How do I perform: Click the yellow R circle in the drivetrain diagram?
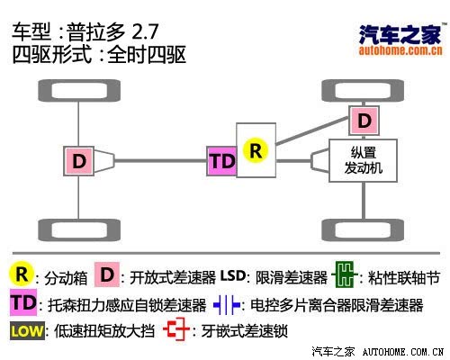256,150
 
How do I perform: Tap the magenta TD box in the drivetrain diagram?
222,161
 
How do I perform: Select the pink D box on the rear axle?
79,161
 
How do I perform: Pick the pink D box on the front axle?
364,121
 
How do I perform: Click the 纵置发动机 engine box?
364,160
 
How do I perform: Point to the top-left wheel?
79,90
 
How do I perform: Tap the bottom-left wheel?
79,230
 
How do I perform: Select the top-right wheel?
363,90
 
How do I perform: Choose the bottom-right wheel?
363,230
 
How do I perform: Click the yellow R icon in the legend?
22,274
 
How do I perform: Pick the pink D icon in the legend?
107,274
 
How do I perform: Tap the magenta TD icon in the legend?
23,302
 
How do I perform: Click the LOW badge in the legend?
27,331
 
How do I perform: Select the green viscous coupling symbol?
345,274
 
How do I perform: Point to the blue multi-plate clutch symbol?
227,305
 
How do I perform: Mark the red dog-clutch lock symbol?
176,329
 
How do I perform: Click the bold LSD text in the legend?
233,275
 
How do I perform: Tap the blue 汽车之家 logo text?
400,34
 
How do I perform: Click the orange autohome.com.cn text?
400,50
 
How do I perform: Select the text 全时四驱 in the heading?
147,54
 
